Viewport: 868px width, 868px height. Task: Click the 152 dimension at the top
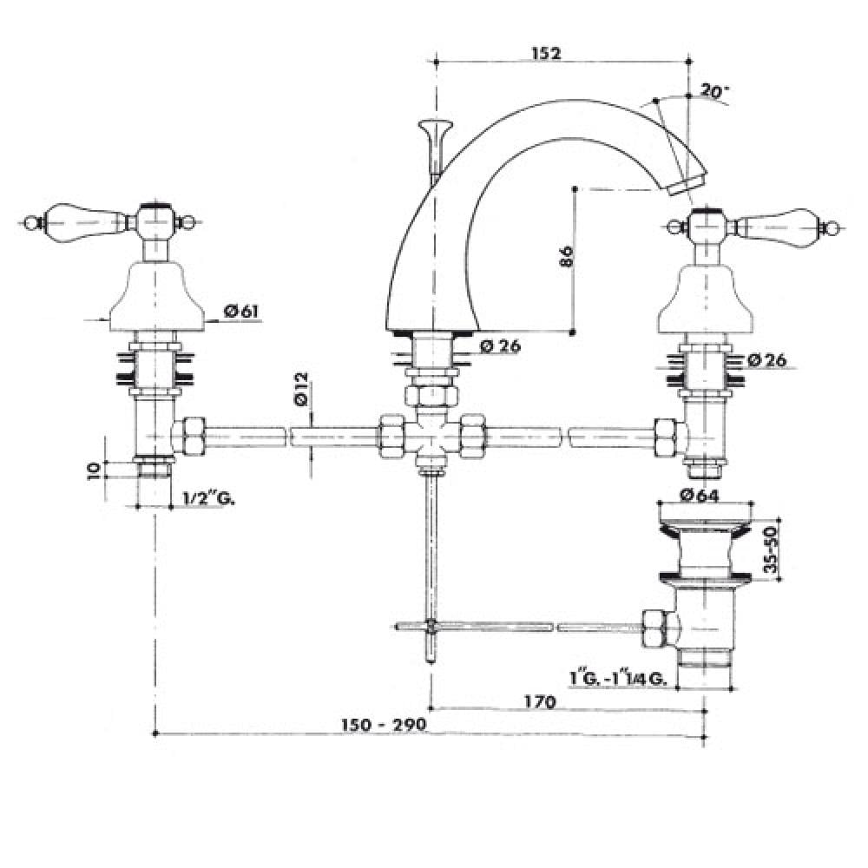[546, 53]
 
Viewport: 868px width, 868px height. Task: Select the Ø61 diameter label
[241, 312]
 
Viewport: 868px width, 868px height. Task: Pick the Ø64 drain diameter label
[700, 495]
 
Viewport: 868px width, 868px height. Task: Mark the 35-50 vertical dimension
[770, 549]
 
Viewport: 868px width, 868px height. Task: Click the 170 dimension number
[539, 702]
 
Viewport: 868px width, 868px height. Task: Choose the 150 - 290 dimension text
[384, 725]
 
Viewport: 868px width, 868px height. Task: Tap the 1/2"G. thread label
[208, 499]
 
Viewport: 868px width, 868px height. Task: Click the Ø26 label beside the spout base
[501, 346]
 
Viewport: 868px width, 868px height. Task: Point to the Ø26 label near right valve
[766, 360]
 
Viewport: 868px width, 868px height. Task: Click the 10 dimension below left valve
[95, 470]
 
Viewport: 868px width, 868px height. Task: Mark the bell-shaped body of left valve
[157, 296]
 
